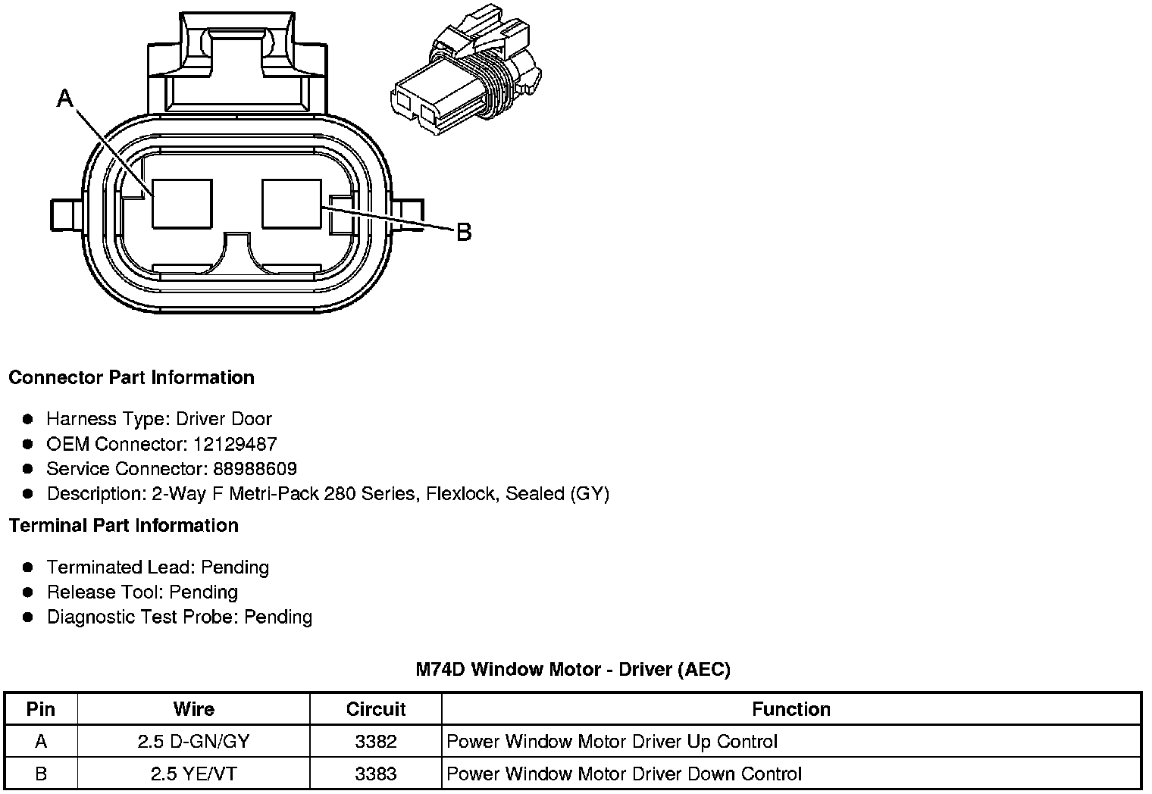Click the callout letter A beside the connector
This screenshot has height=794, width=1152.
(x=66, y=98)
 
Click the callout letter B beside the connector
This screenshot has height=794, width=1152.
(x=464, y=232)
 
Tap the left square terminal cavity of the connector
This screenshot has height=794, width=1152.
(x=182, y=203)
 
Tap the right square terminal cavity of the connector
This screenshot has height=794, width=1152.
(x=292, y=203)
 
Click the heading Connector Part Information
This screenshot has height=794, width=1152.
(x=131, y=377)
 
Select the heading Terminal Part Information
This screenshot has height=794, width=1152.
(x=124, y=525)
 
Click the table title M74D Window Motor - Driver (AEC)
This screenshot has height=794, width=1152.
(x=573, y=669)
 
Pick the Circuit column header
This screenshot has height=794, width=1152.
(x=375, y=709)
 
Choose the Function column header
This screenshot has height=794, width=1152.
(x=790, y=709)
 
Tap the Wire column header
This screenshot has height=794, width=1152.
(x=193, y=709)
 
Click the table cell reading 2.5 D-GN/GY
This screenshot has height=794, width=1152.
(x=193, y=742)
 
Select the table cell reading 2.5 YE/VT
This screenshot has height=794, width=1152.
(x=193, y=774)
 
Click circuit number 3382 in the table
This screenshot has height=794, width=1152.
(x=375, y=742)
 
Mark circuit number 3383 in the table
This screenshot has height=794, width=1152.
(x=375, y=774)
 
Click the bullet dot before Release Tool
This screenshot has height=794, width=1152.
(x=28, y=592)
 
